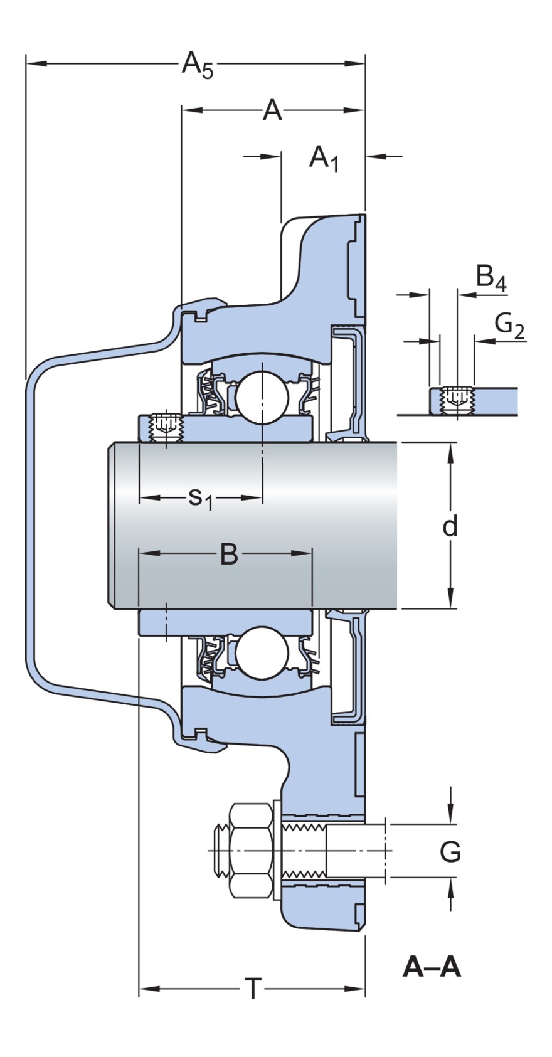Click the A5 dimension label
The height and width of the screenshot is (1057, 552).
click(x=197, y=65)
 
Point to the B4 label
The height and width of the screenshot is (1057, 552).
click(x=491, y=278)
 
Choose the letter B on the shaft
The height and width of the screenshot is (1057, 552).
click(x=229, y=554)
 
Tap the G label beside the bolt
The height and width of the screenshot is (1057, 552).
click(x=450, y=852)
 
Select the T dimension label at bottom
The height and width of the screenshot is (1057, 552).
click(x=252, y=990)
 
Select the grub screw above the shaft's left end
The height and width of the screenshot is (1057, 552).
click(x=165, y=427)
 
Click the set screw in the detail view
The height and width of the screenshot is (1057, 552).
click(x=457, y=400)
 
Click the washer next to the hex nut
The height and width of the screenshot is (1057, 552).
click(x=277, y=851)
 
